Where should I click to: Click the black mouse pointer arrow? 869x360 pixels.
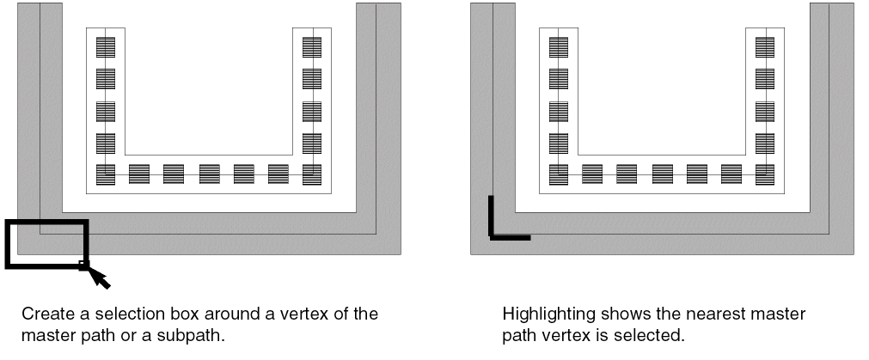[100, 277]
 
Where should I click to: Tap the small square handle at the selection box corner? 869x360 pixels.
[83, 265]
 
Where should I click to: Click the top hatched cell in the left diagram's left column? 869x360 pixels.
[105, 46]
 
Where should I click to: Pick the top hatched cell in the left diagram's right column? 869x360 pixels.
[312, 46]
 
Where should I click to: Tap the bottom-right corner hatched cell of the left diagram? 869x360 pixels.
[312, 174]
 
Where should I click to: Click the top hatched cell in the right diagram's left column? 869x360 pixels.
[558, 46]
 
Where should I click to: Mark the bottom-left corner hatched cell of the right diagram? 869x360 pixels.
[558, 174]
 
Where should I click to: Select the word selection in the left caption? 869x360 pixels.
[125, 314]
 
